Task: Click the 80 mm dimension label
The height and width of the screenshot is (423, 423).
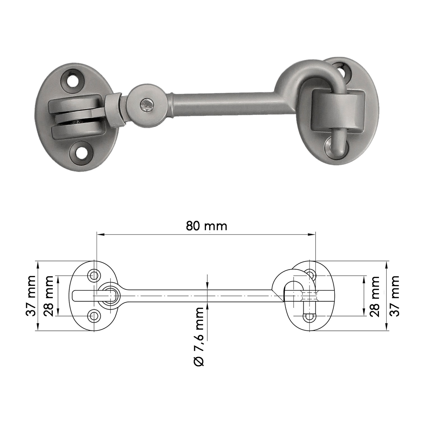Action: pos(206,226)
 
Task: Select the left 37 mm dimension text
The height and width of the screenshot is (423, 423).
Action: pos(31,296)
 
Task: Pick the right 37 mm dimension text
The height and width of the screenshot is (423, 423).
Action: pos(394,296)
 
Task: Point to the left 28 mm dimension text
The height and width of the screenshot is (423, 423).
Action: pos(49,296)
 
